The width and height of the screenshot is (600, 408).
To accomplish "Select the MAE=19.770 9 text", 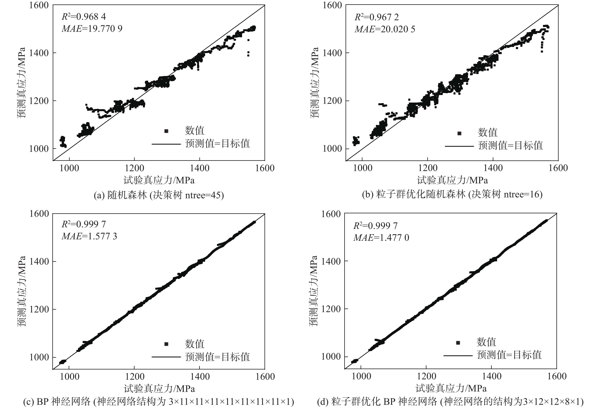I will (92, 28).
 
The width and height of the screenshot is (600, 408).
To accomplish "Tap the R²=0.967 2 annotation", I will (377, 17).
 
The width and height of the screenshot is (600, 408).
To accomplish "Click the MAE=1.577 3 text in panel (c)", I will (89, 236).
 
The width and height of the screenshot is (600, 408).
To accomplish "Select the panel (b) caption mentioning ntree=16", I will (452, 194).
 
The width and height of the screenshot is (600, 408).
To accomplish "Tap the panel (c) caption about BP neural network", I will (159, 402).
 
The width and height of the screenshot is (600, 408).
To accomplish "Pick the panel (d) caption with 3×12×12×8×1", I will (450, 402).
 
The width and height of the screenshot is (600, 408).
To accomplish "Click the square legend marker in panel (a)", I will (166, 131).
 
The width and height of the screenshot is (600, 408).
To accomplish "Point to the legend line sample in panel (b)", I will (459, 146).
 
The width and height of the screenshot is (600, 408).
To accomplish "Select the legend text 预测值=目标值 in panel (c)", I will (217, 357).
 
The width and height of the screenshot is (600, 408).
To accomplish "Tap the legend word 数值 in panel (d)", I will (486, 342).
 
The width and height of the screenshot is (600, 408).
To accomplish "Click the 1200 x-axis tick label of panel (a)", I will (134, 168).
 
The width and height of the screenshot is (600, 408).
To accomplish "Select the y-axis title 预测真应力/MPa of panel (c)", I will (22, 291).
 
